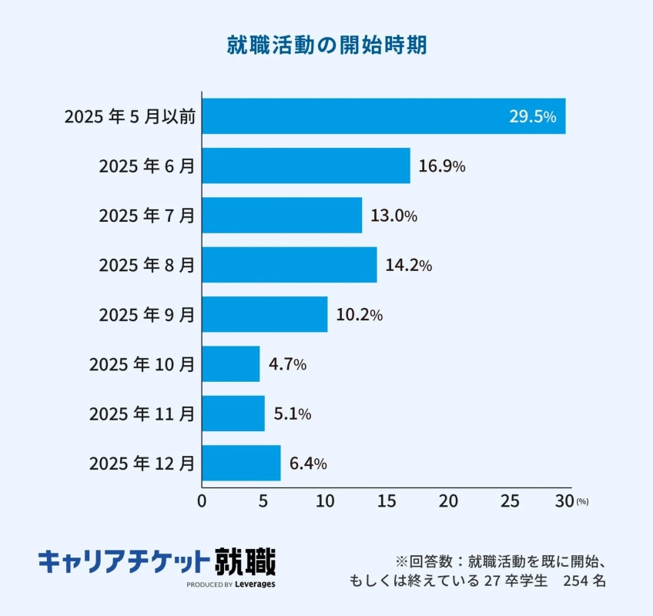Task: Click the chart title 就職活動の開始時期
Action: tap(326, 45)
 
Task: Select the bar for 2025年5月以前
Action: tap(383, 116)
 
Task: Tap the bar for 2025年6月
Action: tap(306, 166)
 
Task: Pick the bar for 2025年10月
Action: tap(231, 364)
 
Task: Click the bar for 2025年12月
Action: tap(241, 463)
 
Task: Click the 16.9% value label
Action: tap(442, 166)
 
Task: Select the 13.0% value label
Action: tap(393, 216)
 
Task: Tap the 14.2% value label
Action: tap(408, 266)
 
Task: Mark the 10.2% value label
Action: tap(359, 315)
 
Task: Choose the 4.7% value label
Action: tap(287, 364)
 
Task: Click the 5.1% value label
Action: tap(293, 414)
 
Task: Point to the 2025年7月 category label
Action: tap(146, 216)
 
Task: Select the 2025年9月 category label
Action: tap(146, 315)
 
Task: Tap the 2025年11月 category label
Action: tap(142, 414)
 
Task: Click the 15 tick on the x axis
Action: tap(386, 501)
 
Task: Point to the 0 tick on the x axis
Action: tap(202, 501)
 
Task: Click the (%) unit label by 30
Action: tap(582, 502)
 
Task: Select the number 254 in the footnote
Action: tap(576, 580)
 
